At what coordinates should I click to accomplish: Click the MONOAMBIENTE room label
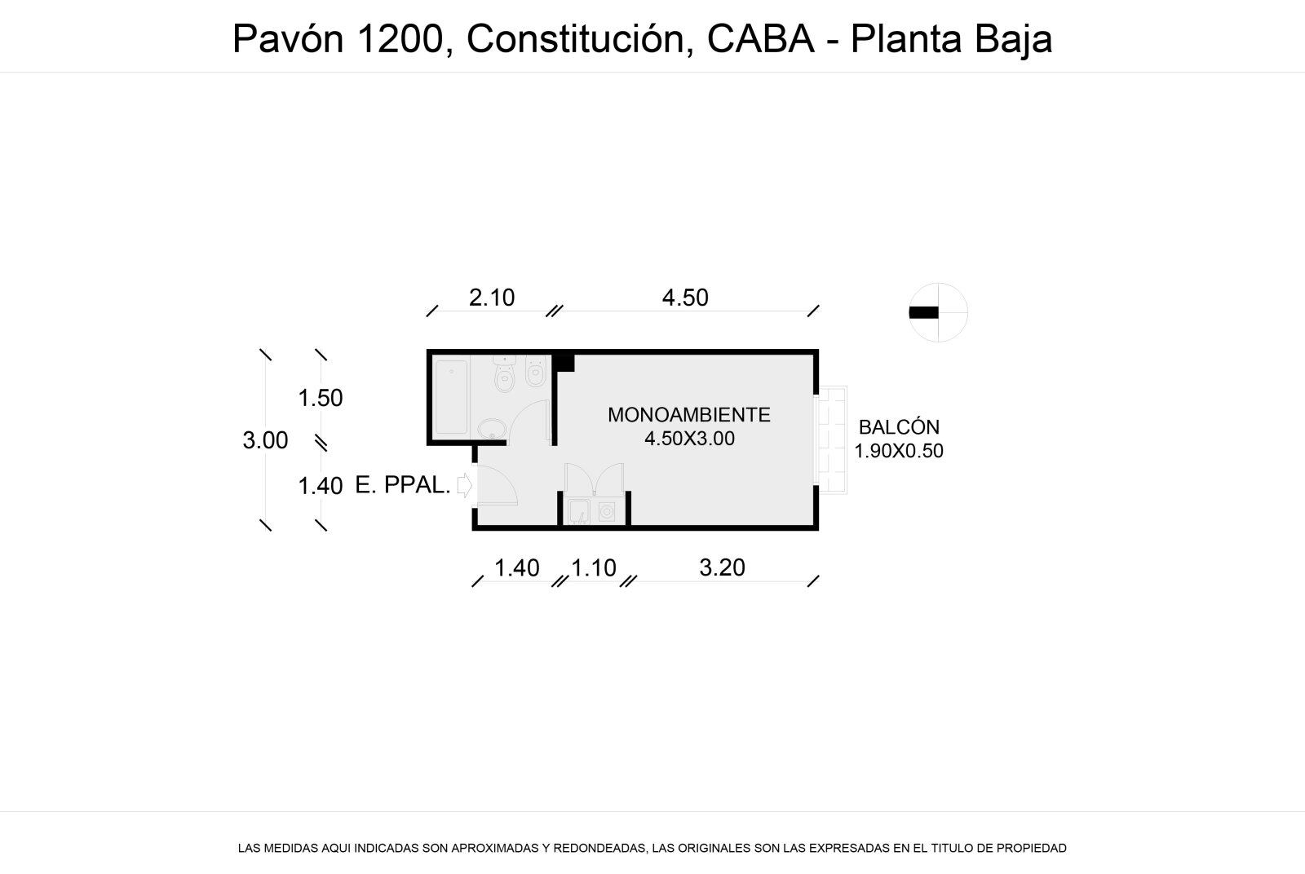point(688,415)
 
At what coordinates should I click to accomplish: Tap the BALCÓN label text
point(899,427)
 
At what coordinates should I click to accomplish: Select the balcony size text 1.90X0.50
point(898,451)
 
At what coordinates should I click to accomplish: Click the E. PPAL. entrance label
point(403,485)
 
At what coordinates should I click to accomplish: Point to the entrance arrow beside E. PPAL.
point(464,485)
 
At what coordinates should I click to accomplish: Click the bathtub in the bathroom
point(451,396)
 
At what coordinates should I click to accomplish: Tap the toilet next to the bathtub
point(505,374)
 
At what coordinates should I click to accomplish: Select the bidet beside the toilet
point(535,372)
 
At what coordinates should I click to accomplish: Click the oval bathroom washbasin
point(493,429)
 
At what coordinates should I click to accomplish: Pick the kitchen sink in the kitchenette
point(578,512)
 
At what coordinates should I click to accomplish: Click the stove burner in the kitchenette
point(607,512)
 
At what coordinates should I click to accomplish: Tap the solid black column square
point(563,363)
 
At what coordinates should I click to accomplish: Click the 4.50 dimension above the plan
point(685,298)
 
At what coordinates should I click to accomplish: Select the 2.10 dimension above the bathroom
point(492,298)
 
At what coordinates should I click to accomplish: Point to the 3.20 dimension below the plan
point(722,567)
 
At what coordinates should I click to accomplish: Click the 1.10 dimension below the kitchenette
point(593,567)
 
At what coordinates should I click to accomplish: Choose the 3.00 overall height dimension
point(265,440)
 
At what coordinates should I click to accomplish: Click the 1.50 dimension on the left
point(320,399)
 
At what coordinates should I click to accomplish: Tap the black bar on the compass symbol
point(923,313)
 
